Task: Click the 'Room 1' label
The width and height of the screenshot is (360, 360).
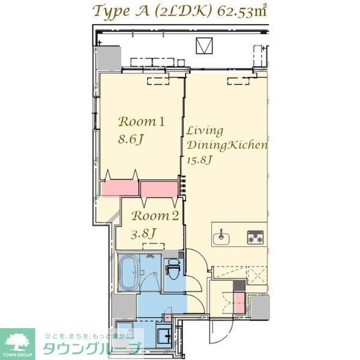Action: tap(141, 121)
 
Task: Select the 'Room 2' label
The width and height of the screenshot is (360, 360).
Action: tap(155, 217)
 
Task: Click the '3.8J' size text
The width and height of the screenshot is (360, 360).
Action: tap(145, 233)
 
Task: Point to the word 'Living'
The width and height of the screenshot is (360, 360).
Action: tap(204, 130)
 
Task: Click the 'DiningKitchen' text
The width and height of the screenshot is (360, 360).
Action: tap(227, 146)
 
